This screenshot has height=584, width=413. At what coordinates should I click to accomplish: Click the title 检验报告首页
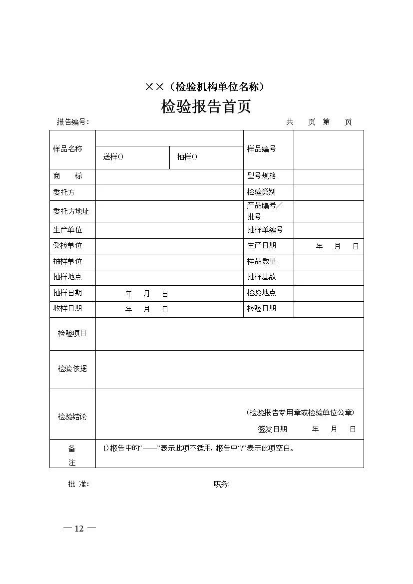(205, 107)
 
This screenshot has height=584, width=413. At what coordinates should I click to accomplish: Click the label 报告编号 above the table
(72, 122)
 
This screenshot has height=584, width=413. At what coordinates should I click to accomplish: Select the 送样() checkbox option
(113, 157)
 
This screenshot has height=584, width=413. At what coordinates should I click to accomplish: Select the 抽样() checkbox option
(187, 157)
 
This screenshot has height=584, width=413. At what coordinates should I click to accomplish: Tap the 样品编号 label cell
(261, 149)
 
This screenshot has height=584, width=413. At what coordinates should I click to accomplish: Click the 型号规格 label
(261, 176)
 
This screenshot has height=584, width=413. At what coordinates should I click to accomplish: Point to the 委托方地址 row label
(71, 211)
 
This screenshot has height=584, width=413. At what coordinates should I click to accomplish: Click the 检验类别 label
(261, 192)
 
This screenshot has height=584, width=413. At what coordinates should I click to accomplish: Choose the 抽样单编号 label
(265, 230)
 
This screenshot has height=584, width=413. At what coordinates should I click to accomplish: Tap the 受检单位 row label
(67, 245)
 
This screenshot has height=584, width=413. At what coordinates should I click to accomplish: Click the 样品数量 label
(261, 261)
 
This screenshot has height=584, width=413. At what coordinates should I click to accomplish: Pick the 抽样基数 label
(261, 277)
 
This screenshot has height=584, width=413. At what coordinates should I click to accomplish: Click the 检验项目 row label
(72, 333)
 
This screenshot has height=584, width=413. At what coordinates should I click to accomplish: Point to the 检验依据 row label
(72, 369)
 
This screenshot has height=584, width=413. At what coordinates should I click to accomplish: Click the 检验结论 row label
(72, 417)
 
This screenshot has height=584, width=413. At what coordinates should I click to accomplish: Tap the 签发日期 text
(272, 429)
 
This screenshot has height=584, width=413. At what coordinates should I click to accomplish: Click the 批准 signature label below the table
(78, 484)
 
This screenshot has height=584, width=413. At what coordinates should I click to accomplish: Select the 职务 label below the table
(221, 484)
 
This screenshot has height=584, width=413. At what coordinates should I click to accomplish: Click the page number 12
(79, 529)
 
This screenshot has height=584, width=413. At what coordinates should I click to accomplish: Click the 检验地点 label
(261, 293)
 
